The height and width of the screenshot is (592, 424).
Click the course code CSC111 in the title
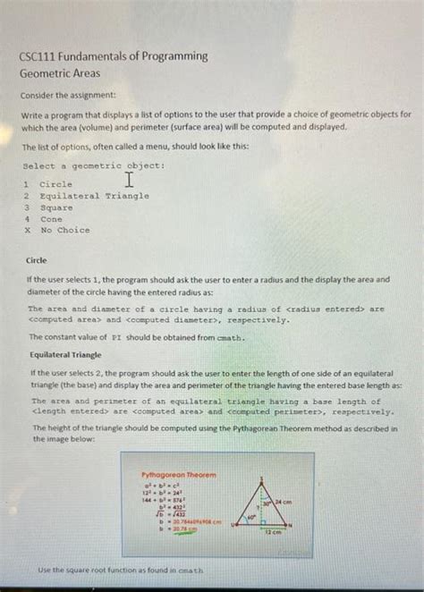click(43, 55)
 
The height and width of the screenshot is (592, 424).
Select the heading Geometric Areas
click(60, 73)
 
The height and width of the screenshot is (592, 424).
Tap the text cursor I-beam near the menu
click(131, 180)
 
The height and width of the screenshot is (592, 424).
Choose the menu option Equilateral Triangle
click(94, 195)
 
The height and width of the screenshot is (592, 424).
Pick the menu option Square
click(56, 207)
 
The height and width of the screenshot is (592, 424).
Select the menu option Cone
click(51, 218)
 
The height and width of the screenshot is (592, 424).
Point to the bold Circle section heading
click(37, 261)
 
